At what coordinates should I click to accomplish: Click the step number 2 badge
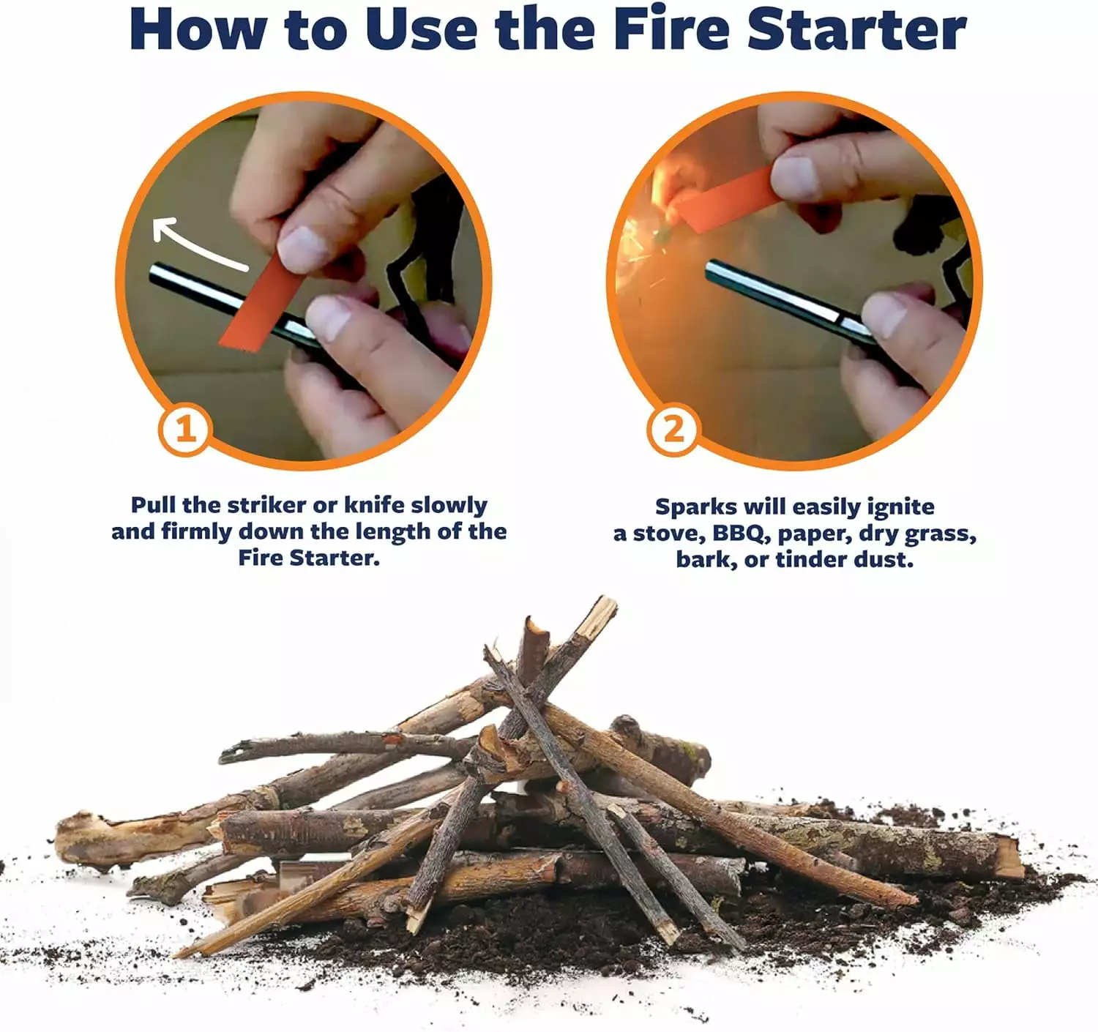tap(672, 429)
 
